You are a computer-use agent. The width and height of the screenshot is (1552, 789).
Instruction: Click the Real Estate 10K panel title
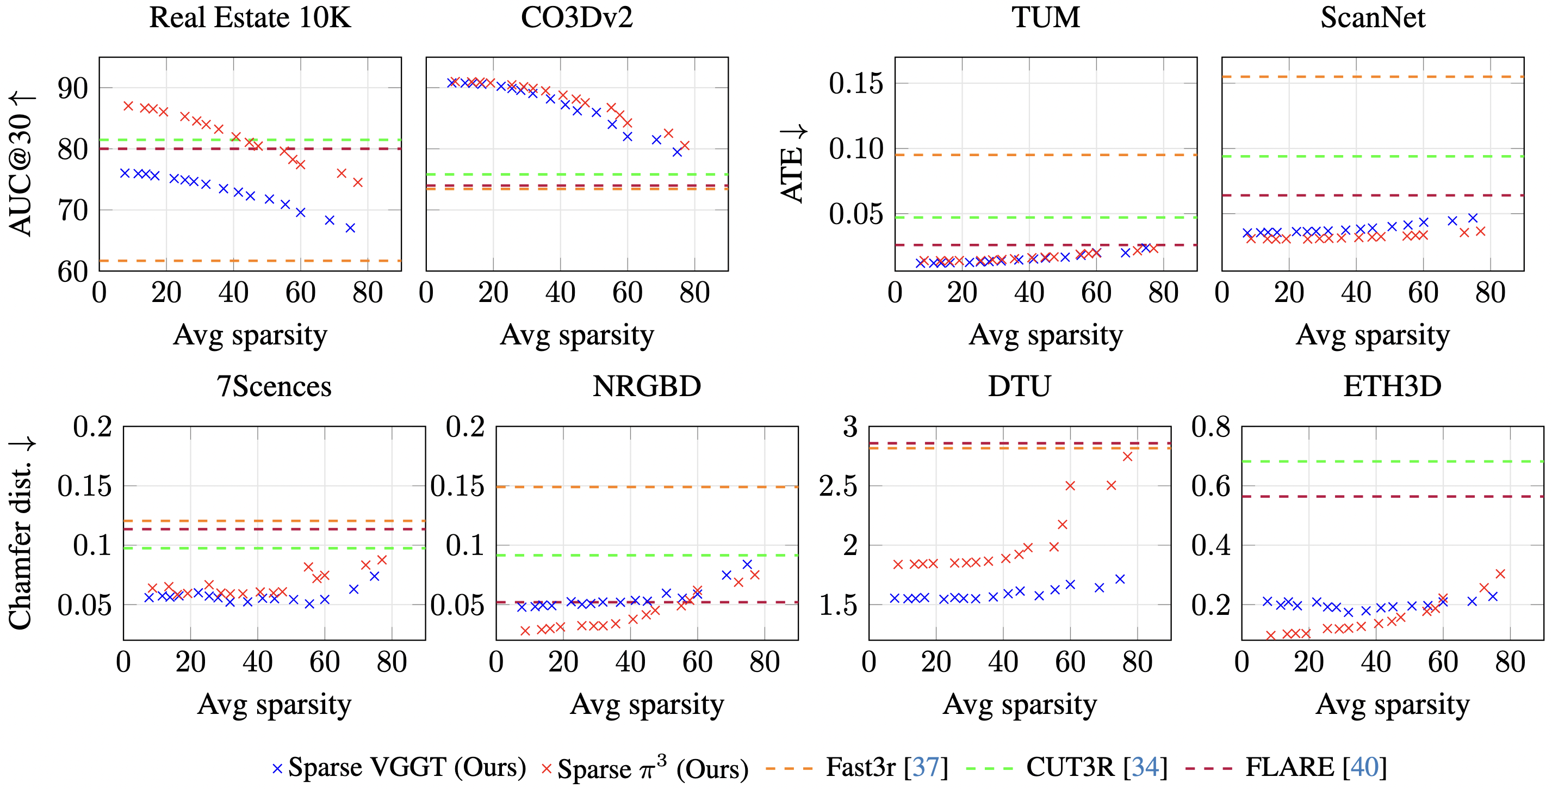[250, 17]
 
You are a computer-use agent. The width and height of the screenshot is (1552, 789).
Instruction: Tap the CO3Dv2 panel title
[576, 17]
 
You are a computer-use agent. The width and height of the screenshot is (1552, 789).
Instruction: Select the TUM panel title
[1045, 17]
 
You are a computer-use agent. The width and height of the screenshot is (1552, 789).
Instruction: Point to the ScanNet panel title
[1373, 17]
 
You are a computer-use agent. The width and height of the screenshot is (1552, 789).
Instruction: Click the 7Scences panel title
[274, 386]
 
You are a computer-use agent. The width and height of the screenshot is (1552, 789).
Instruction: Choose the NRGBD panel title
[647, 386]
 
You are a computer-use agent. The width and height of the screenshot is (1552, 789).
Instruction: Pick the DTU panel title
[1020, 386]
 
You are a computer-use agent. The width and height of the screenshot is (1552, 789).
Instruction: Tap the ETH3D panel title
[1392, 386]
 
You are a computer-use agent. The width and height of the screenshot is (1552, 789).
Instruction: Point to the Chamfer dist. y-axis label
[22, 533]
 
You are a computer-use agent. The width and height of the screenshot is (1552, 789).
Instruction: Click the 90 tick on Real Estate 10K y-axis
[73, 89]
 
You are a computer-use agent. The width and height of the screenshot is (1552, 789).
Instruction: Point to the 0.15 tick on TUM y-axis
[855, 83]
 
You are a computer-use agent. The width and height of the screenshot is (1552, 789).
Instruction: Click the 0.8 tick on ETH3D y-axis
[1210, 427]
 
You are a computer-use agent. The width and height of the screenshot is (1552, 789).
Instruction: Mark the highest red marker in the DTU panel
[1127, 457]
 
